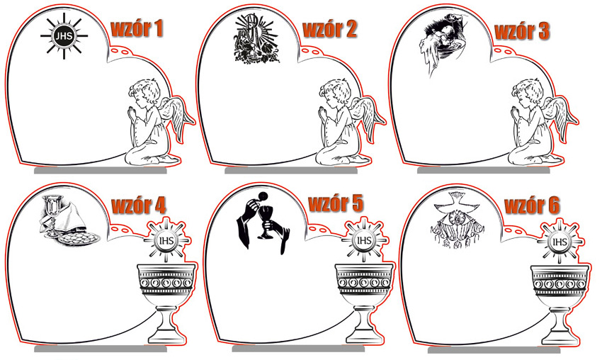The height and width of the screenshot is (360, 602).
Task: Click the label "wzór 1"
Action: (x=137, y=28)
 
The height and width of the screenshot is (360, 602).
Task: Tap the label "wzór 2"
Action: (x=330, y=29)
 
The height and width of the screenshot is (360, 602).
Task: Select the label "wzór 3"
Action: (x=522, y=31)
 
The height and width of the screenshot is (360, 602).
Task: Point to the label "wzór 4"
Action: (x=139, y=206)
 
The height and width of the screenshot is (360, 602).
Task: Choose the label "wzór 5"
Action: (x=336, y=203)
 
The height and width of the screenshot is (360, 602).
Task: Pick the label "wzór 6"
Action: (x=532, y=206)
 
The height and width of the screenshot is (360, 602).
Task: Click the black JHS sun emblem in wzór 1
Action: (x=64, y=36)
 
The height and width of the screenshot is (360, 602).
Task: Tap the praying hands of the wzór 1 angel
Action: (x=132, y=113)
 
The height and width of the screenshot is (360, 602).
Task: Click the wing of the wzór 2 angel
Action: (x=367, y=116)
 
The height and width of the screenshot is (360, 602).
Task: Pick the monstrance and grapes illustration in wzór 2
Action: (x=256, y=38)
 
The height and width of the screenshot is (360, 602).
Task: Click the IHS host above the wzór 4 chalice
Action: (x=166, y=241)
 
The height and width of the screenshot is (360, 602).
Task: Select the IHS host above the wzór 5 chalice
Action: (x=363, y=241)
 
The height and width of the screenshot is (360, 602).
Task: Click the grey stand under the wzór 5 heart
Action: (x=298, y=348)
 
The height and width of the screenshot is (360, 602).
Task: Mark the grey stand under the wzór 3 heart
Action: (x=483, y=170)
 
